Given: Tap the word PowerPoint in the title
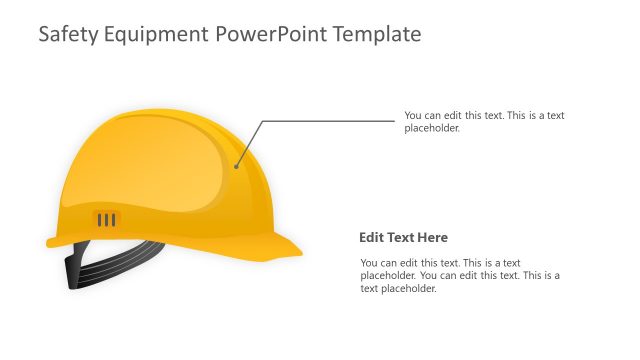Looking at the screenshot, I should pyautogui.click(x=268, y=35).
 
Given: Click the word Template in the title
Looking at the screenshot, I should pyautogui.click(x=375, y=35).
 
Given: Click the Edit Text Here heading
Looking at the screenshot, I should pyautogui.click(x=403, y=238).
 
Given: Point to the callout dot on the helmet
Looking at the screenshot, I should pyautogui.click(x=236, y=166).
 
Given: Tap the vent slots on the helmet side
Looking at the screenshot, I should pyautogui.click(x=106, y=219).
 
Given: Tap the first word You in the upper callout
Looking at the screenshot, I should pyautogui.click(x=413, y=115).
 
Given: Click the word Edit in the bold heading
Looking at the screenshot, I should pyautogui.click(x=371, y=238).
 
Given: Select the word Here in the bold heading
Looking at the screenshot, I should pyautogui.click(x=433, y=238).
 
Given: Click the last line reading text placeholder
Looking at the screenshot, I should pyautogui.click(x=399, y=288).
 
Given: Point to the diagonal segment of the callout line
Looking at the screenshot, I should pyautogui.click(x=249, y=143).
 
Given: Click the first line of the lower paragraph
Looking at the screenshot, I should pyautogui.click(x=440, y=262).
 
